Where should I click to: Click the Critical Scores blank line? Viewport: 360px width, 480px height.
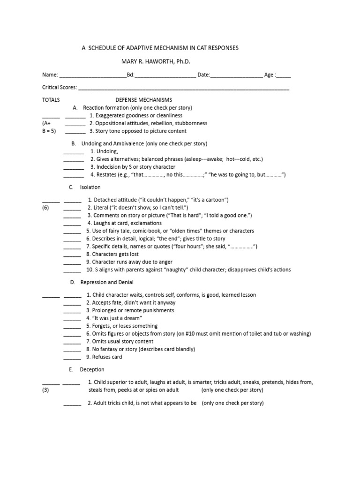click(183, 89)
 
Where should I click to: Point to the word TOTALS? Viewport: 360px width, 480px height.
click(51, 100)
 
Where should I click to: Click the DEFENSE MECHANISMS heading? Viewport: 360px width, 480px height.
click(144, 100)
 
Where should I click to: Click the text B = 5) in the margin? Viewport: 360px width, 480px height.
click(49, 131)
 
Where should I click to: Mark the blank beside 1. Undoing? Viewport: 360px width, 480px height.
click(74, 152)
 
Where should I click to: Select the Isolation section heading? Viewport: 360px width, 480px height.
click(90, 187)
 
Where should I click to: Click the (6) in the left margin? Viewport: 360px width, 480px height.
click(45, 207)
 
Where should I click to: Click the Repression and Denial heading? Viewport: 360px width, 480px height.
click(107, 282)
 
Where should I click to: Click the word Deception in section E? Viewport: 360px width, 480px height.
click(92, 369)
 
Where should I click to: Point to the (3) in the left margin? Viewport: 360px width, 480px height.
click(45, 390)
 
